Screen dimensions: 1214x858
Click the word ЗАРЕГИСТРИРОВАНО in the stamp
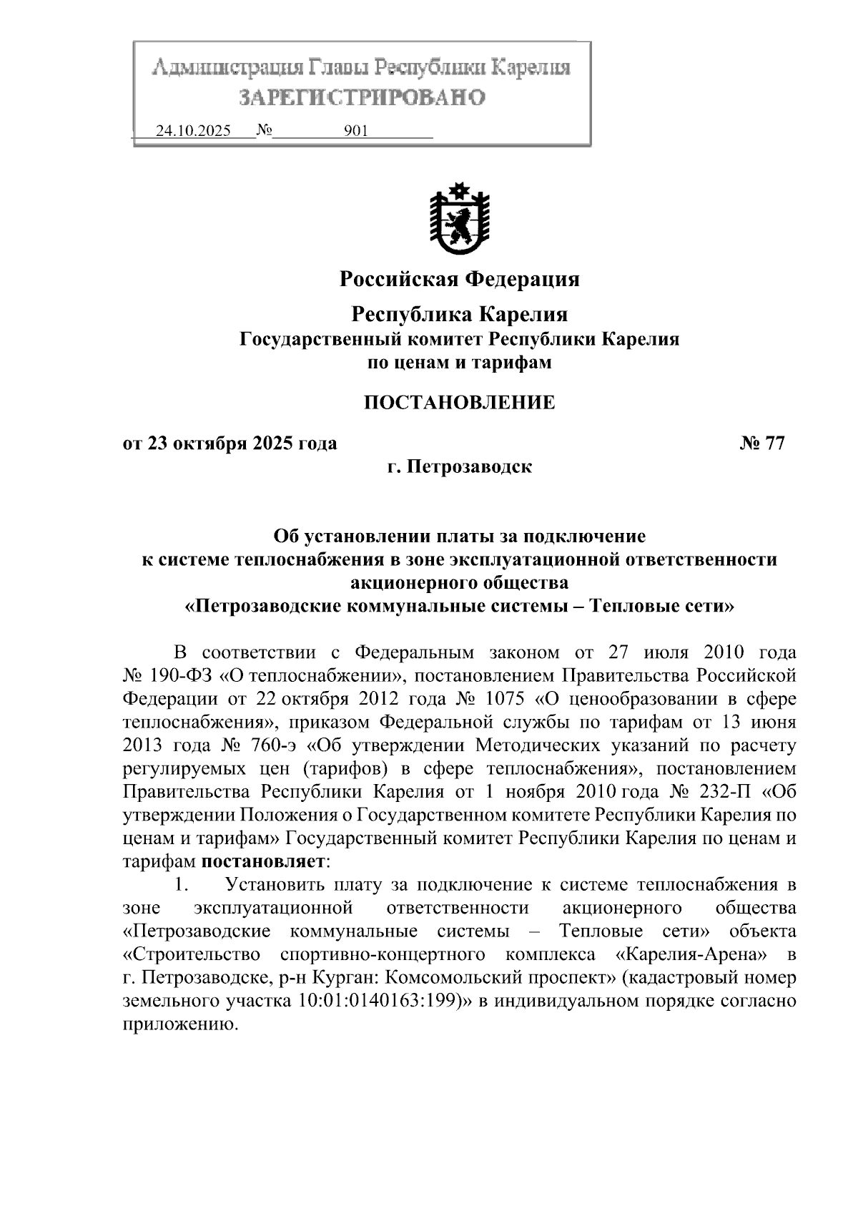click(x=362, y=97)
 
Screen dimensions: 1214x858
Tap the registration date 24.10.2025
click(x=193, y=132)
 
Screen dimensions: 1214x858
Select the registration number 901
click(x=355, y=132)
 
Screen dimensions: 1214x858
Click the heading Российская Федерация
click(x=459, y=278)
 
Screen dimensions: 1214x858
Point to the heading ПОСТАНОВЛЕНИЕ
click(x=459, y=403)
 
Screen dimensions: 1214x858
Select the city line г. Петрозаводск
click(x=459, y=467)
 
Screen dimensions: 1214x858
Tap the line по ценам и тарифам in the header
click(x=459, y=363)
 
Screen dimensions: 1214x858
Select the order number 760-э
click(x=273, y=745)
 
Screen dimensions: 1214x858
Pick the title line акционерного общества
click(x=459, y=583)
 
